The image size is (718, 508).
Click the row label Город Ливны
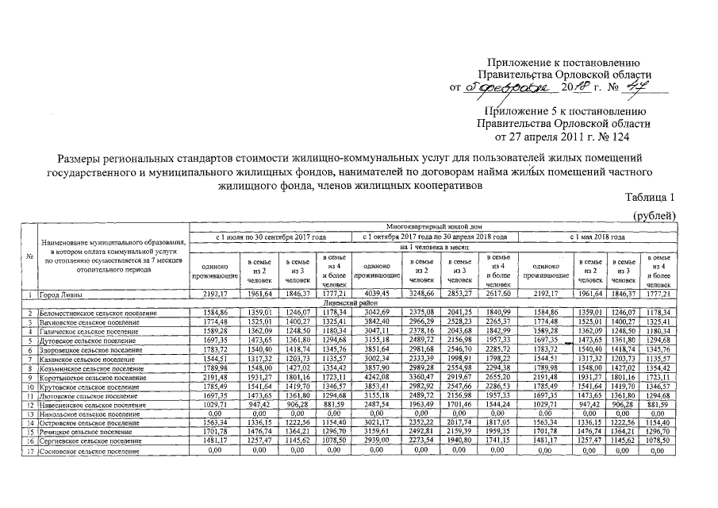click(x=62, y=295)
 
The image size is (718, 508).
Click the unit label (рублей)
click(x=653, y=215)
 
